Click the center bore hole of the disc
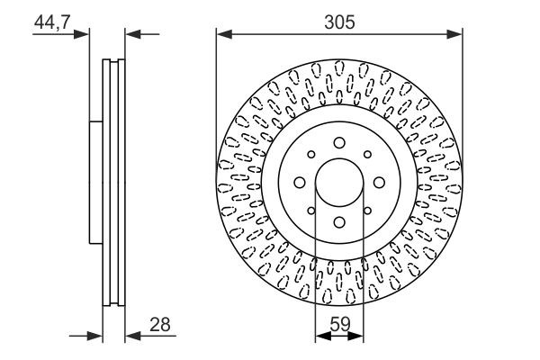(339, 183)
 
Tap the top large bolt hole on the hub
(339, 142)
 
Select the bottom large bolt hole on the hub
(339, 222)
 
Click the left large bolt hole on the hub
(300, 183)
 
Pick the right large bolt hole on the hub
(380, 183)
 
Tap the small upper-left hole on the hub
(311, 154)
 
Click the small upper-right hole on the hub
(368, 154)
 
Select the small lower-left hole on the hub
(311, 211)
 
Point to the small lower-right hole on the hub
(368, 211)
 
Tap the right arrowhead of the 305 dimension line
(456, 35)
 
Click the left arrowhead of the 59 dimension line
(320, 337)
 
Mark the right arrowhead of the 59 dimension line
(358, 337)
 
